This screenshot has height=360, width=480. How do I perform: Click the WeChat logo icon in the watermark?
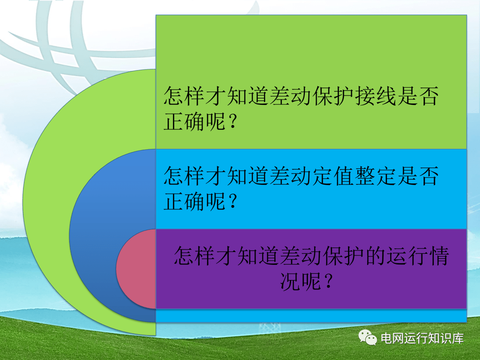368,337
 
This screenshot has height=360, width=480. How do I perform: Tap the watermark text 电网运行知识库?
423,338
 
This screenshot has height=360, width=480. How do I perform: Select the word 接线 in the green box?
375,96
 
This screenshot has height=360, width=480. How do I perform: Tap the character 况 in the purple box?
290,281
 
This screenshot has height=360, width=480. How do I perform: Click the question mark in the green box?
232,121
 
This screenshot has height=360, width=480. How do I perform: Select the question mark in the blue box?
232,201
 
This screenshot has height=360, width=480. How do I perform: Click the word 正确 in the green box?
184,121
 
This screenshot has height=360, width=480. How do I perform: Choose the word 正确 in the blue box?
184,201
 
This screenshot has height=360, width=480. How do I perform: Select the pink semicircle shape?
136,269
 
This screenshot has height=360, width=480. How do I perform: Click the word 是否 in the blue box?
418,176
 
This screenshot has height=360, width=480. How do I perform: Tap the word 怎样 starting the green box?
184,96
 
